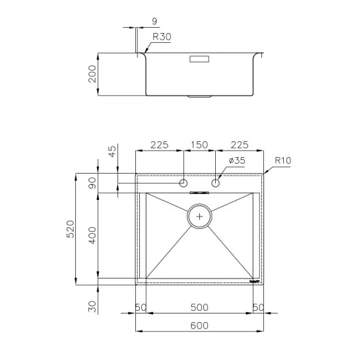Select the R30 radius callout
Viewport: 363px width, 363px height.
coord(162,38)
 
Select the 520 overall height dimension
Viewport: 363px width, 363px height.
coord(71,229)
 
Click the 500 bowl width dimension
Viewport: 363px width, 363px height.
coord(199,307)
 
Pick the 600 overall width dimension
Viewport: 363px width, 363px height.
coord(199,325)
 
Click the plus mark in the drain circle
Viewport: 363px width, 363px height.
coord(199,216)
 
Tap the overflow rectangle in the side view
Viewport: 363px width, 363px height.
coord(199,59)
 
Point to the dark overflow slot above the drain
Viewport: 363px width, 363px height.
coord(199,193)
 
